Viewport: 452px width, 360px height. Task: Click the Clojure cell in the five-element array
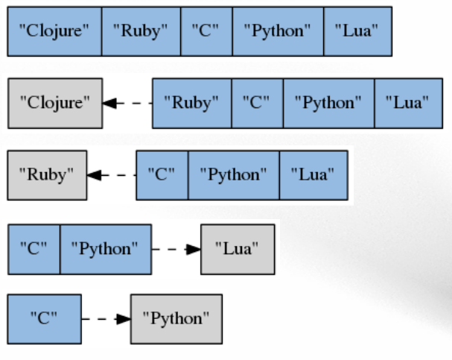click(54, 31)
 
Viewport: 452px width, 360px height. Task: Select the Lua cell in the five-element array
click(357, 31)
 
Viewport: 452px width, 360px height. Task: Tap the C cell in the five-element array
click(206, 31)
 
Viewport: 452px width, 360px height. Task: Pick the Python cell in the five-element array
click(278, 31)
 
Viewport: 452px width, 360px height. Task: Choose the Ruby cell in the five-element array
click(141, 31)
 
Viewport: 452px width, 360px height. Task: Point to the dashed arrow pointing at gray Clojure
click(127, 103)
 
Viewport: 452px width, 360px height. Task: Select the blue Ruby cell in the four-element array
click(191, 103)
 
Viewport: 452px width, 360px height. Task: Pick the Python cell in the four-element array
click(328, 103)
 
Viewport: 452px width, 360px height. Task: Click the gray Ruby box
click(47, 175)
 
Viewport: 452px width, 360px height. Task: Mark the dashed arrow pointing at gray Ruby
click(112, 175)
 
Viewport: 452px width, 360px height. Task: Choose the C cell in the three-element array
click(162, 175)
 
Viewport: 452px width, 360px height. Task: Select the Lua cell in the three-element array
click(313, 175)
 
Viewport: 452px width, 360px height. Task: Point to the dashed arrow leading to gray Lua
click(176, 248)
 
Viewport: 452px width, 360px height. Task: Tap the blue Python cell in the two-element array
click(105, 248)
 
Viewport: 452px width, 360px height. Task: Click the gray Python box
click(176, 319)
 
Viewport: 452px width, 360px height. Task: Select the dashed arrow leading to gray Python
click(105, 319)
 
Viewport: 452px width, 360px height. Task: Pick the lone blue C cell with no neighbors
click(44, 319)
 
